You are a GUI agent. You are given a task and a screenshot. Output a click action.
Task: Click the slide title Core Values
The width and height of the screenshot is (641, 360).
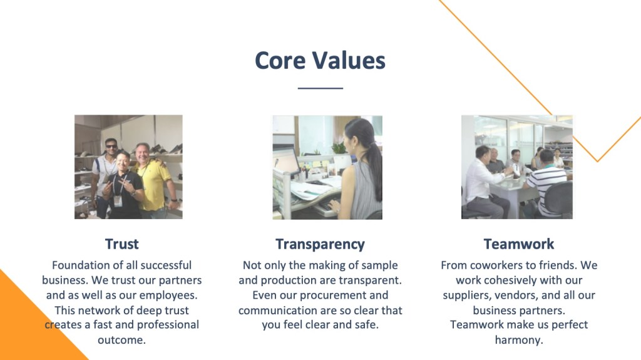pos(320,61)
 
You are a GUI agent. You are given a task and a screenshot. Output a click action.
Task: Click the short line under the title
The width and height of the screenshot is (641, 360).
pos(320,88)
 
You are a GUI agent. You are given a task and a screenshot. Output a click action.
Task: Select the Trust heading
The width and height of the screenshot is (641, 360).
pos(122,244)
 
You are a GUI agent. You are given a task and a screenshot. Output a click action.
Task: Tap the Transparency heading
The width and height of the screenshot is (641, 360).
pos(320,244)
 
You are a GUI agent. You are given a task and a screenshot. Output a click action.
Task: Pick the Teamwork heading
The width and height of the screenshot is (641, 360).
pos(519,244)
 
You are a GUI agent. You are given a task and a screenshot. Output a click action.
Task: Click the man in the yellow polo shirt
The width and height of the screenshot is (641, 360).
pos(153,180)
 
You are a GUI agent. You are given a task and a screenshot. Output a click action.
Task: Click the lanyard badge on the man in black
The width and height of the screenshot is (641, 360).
pos(118,200)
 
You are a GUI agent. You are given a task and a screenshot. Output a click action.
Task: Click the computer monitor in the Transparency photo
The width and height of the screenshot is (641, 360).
pos(285,160)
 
